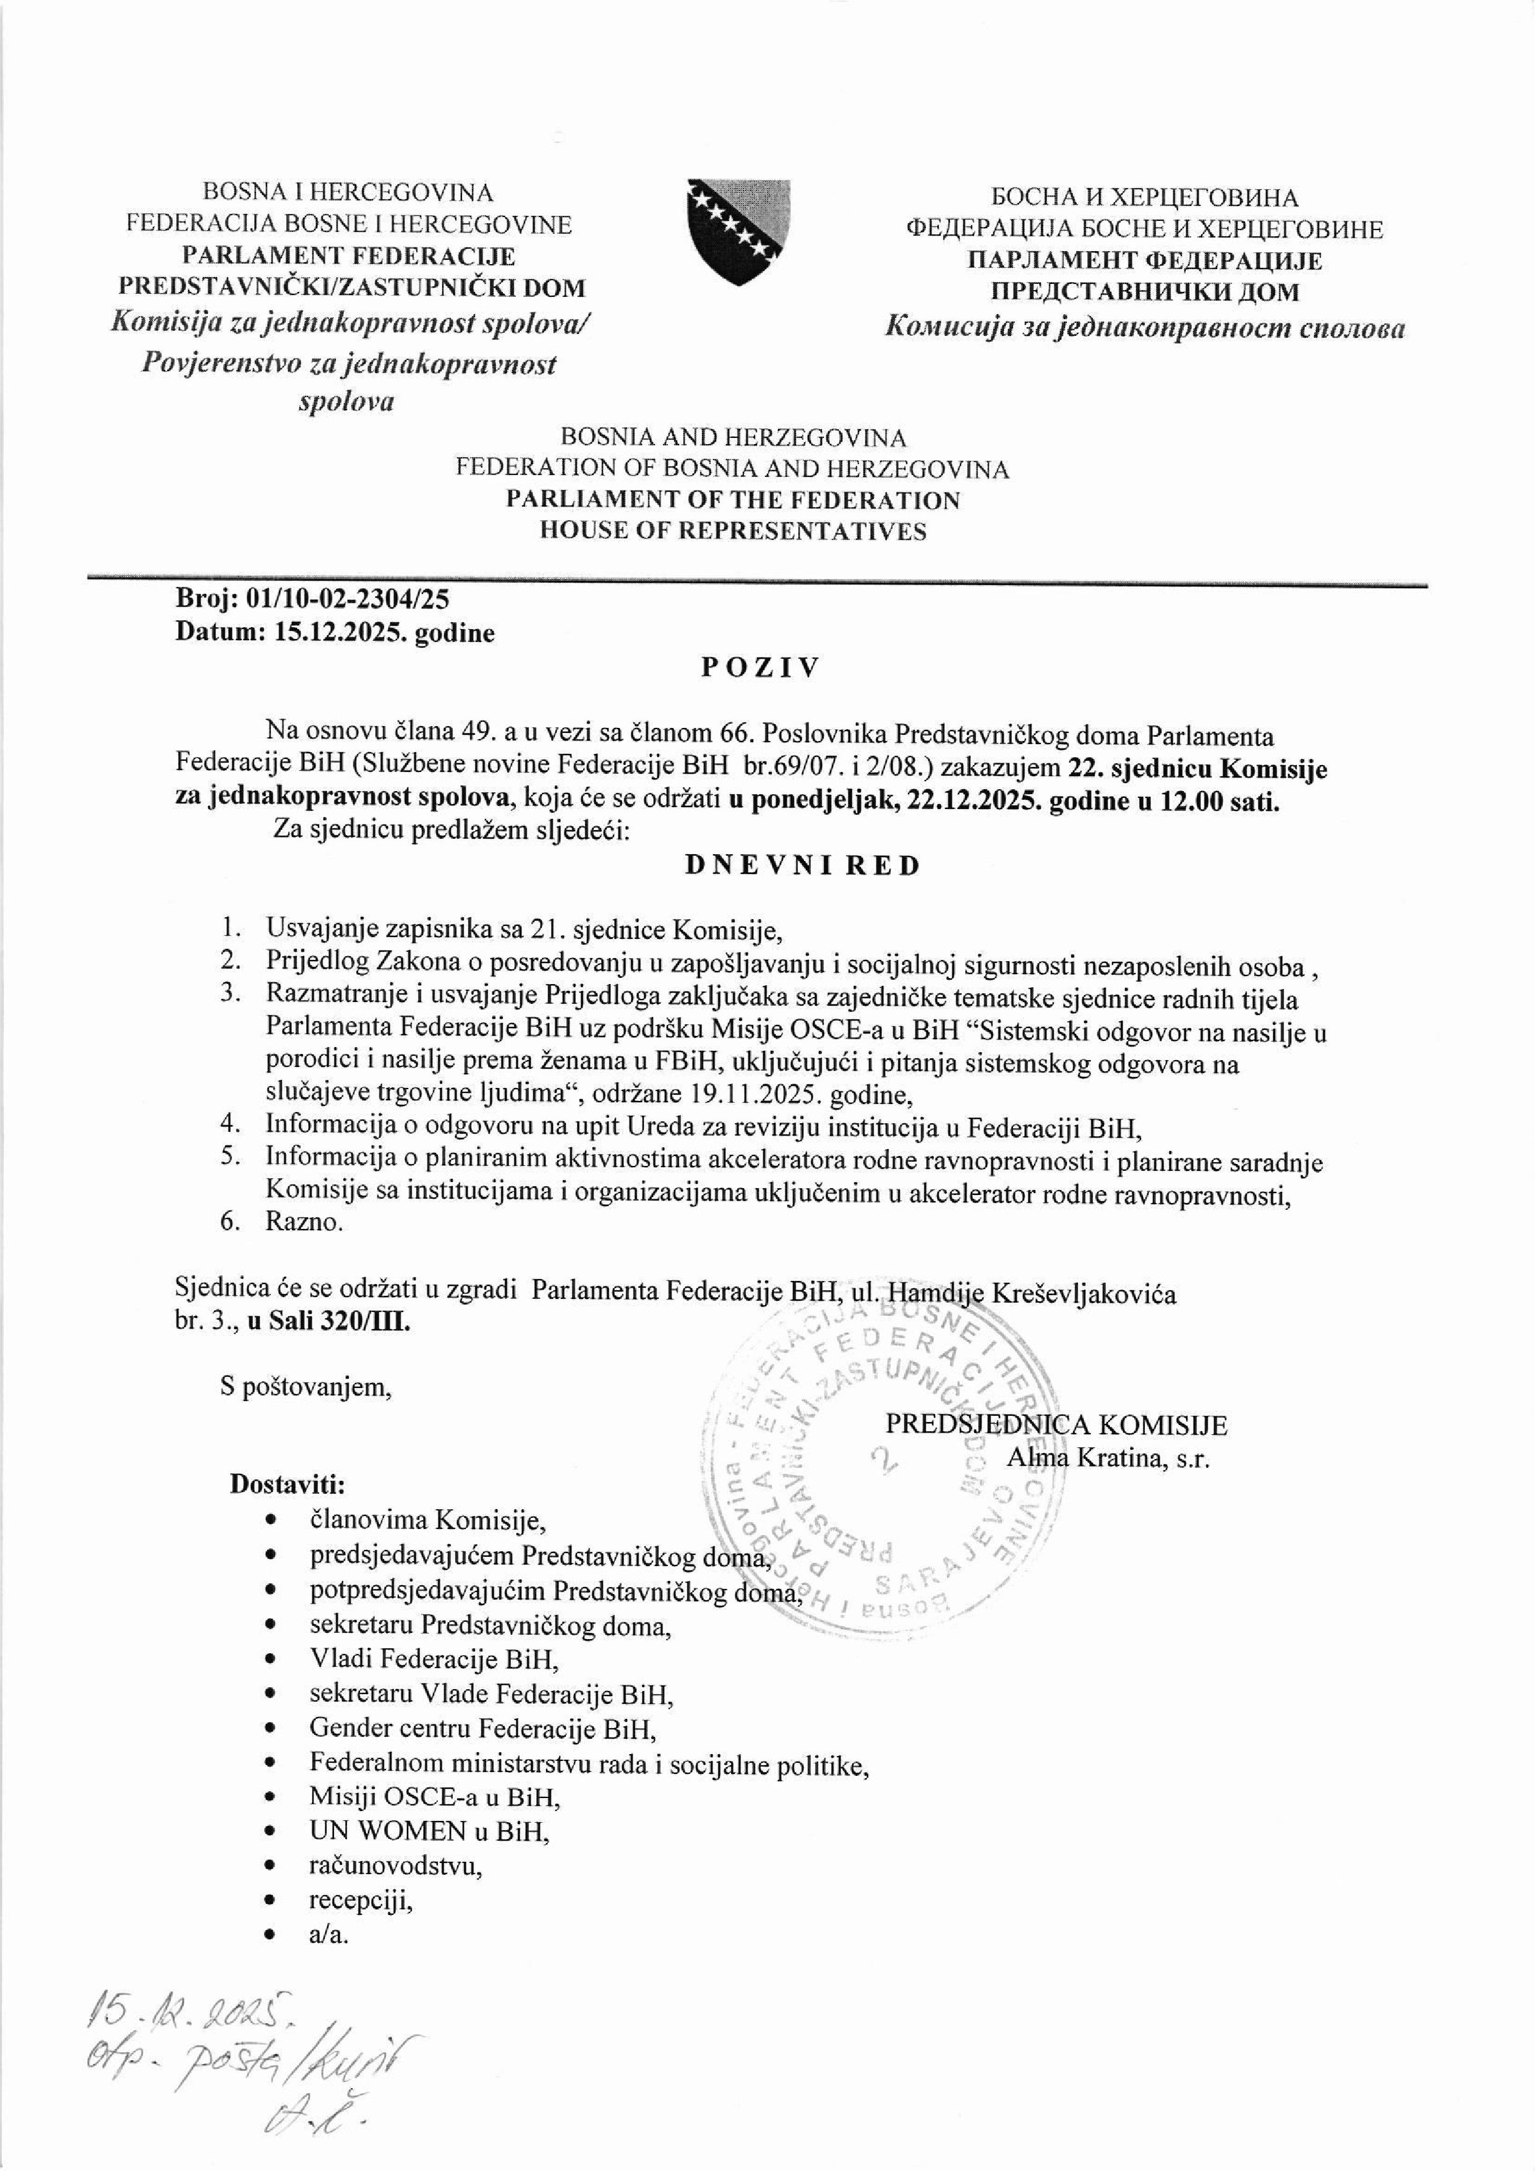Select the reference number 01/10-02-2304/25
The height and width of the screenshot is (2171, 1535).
(348, 597)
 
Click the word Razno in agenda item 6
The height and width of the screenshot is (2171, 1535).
(302, 1222)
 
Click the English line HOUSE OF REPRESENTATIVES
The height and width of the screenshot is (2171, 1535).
(732, 531)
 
